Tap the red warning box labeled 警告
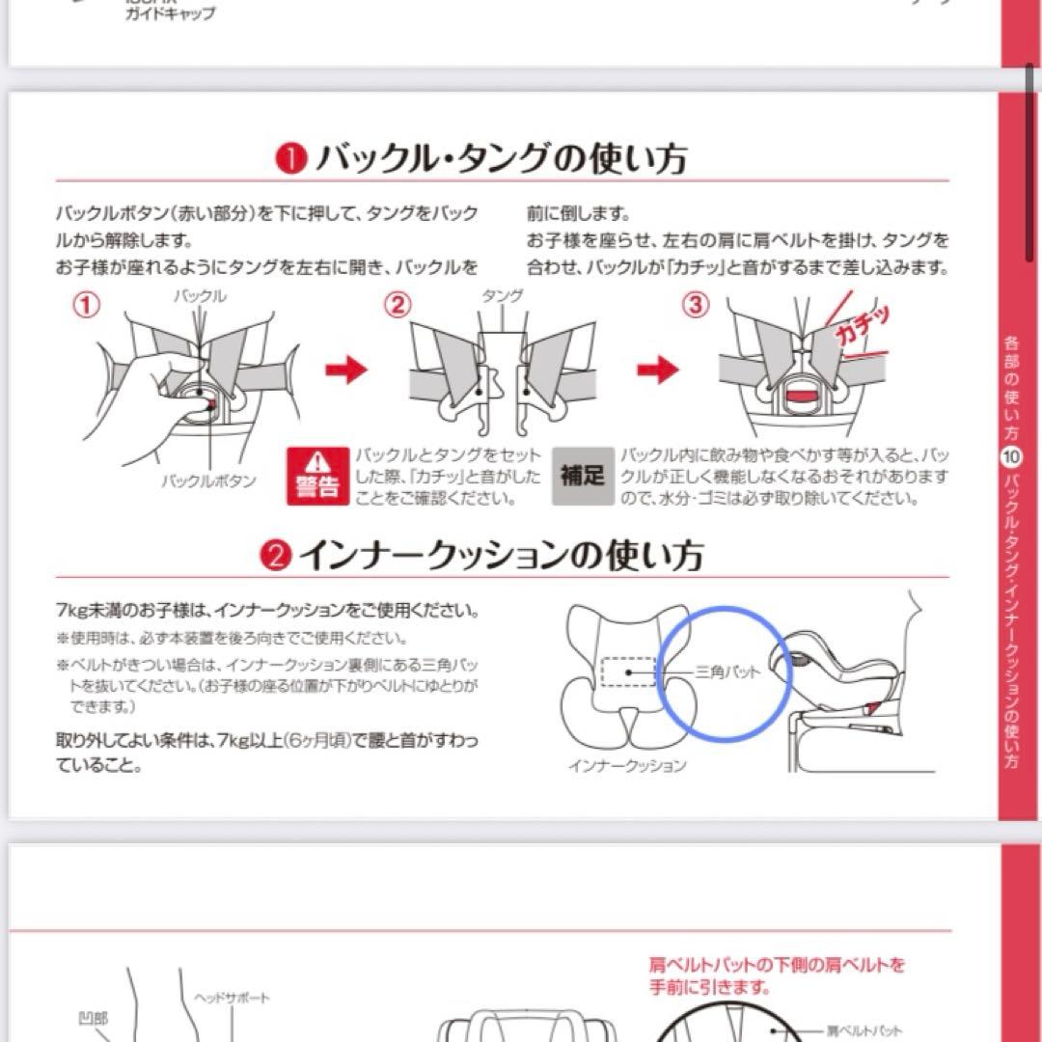pos(317,476)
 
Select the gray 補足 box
pos(583,476)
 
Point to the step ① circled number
pos(88,306)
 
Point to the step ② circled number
pos(398,306)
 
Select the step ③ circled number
pos(695,306)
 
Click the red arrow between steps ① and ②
pos(345,370)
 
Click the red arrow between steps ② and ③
pos(658,370)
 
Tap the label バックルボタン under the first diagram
pos(208,480)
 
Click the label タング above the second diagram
pos(502,296)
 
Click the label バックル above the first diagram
pos(201,296)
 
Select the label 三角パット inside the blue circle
pos(727,672)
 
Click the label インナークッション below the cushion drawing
pos(627,765)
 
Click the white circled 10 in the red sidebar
pos(1010,460)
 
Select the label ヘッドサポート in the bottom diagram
pos(232,998)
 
